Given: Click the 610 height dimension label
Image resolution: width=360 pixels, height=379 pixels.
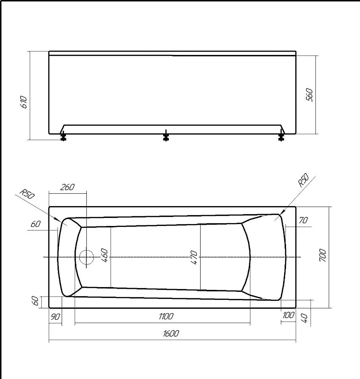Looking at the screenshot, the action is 24,102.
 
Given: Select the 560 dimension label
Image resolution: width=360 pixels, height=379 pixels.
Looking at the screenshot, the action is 309,95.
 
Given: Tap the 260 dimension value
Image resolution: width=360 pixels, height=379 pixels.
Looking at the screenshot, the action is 67,187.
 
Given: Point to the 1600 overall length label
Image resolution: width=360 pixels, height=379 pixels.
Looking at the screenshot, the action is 171,334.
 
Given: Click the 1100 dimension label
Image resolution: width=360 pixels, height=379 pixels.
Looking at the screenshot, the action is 166,316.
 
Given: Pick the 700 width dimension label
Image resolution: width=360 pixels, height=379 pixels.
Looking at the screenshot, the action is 323,255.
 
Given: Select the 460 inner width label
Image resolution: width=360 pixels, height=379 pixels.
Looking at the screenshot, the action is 104,255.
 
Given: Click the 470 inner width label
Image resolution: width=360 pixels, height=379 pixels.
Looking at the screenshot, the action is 194,258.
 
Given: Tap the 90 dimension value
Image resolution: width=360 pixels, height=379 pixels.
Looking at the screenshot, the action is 55,316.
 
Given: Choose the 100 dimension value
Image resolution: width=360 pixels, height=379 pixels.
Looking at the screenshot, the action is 288,315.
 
